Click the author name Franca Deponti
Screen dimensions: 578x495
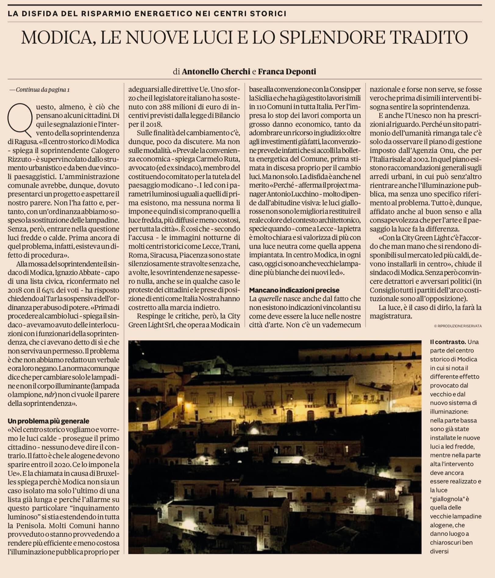[287, 72]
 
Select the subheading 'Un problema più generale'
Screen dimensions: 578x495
[48, 421]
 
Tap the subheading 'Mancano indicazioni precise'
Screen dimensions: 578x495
[294, 290]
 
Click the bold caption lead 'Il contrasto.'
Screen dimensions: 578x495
[447, 342]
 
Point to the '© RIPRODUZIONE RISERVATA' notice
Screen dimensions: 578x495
[458, 326]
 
